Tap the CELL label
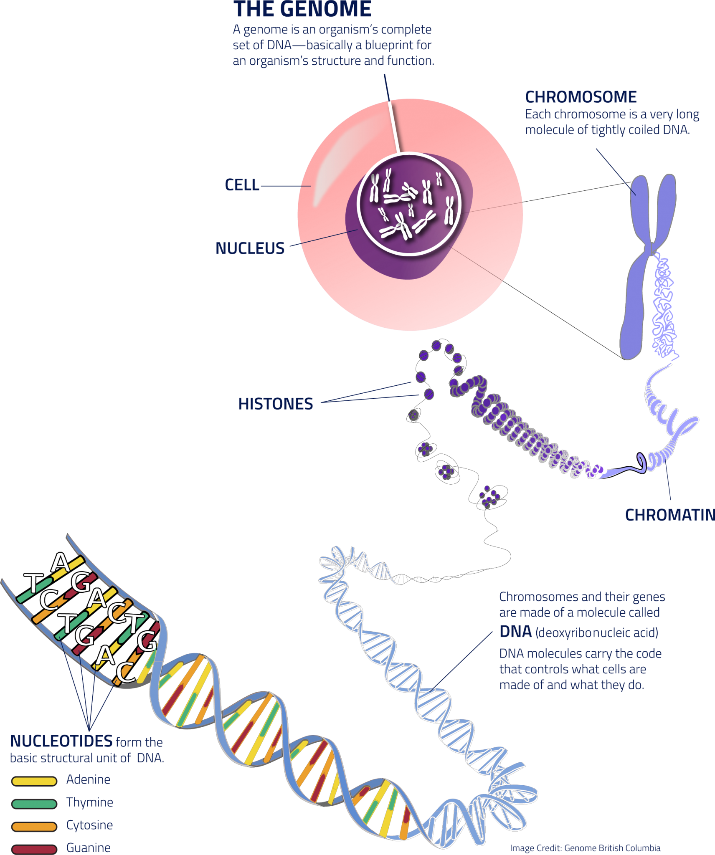pos(242,185)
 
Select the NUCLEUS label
pos(250,248)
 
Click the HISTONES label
pos(276,404)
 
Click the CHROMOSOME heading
pos(581,97)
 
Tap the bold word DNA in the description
pos(516,632)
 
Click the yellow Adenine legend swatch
pos(34,781)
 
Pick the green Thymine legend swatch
pos(34,804)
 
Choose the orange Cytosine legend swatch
pos(34,826)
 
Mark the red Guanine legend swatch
pos(34,849)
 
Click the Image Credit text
pos(585,848)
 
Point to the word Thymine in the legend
pos(90,802)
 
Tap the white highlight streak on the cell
pos(334,167)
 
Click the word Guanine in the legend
pos(89,847)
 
